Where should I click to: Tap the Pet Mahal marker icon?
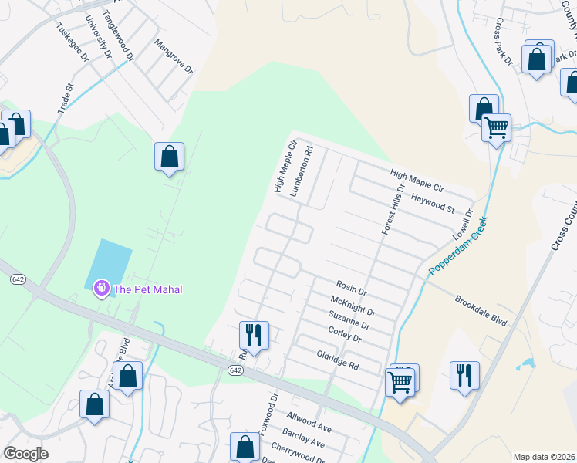coord(101,289)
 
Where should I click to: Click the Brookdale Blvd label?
coord(481,309)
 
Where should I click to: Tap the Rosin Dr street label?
coord(351,289)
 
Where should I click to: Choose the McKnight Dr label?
coord(352,306)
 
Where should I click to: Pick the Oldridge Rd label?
coord(338,358)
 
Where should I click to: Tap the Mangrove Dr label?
coord(173,57)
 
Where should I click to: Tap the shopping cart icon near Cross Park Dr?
coord(496,127)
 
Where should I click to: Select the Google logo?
coord(25,454)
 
